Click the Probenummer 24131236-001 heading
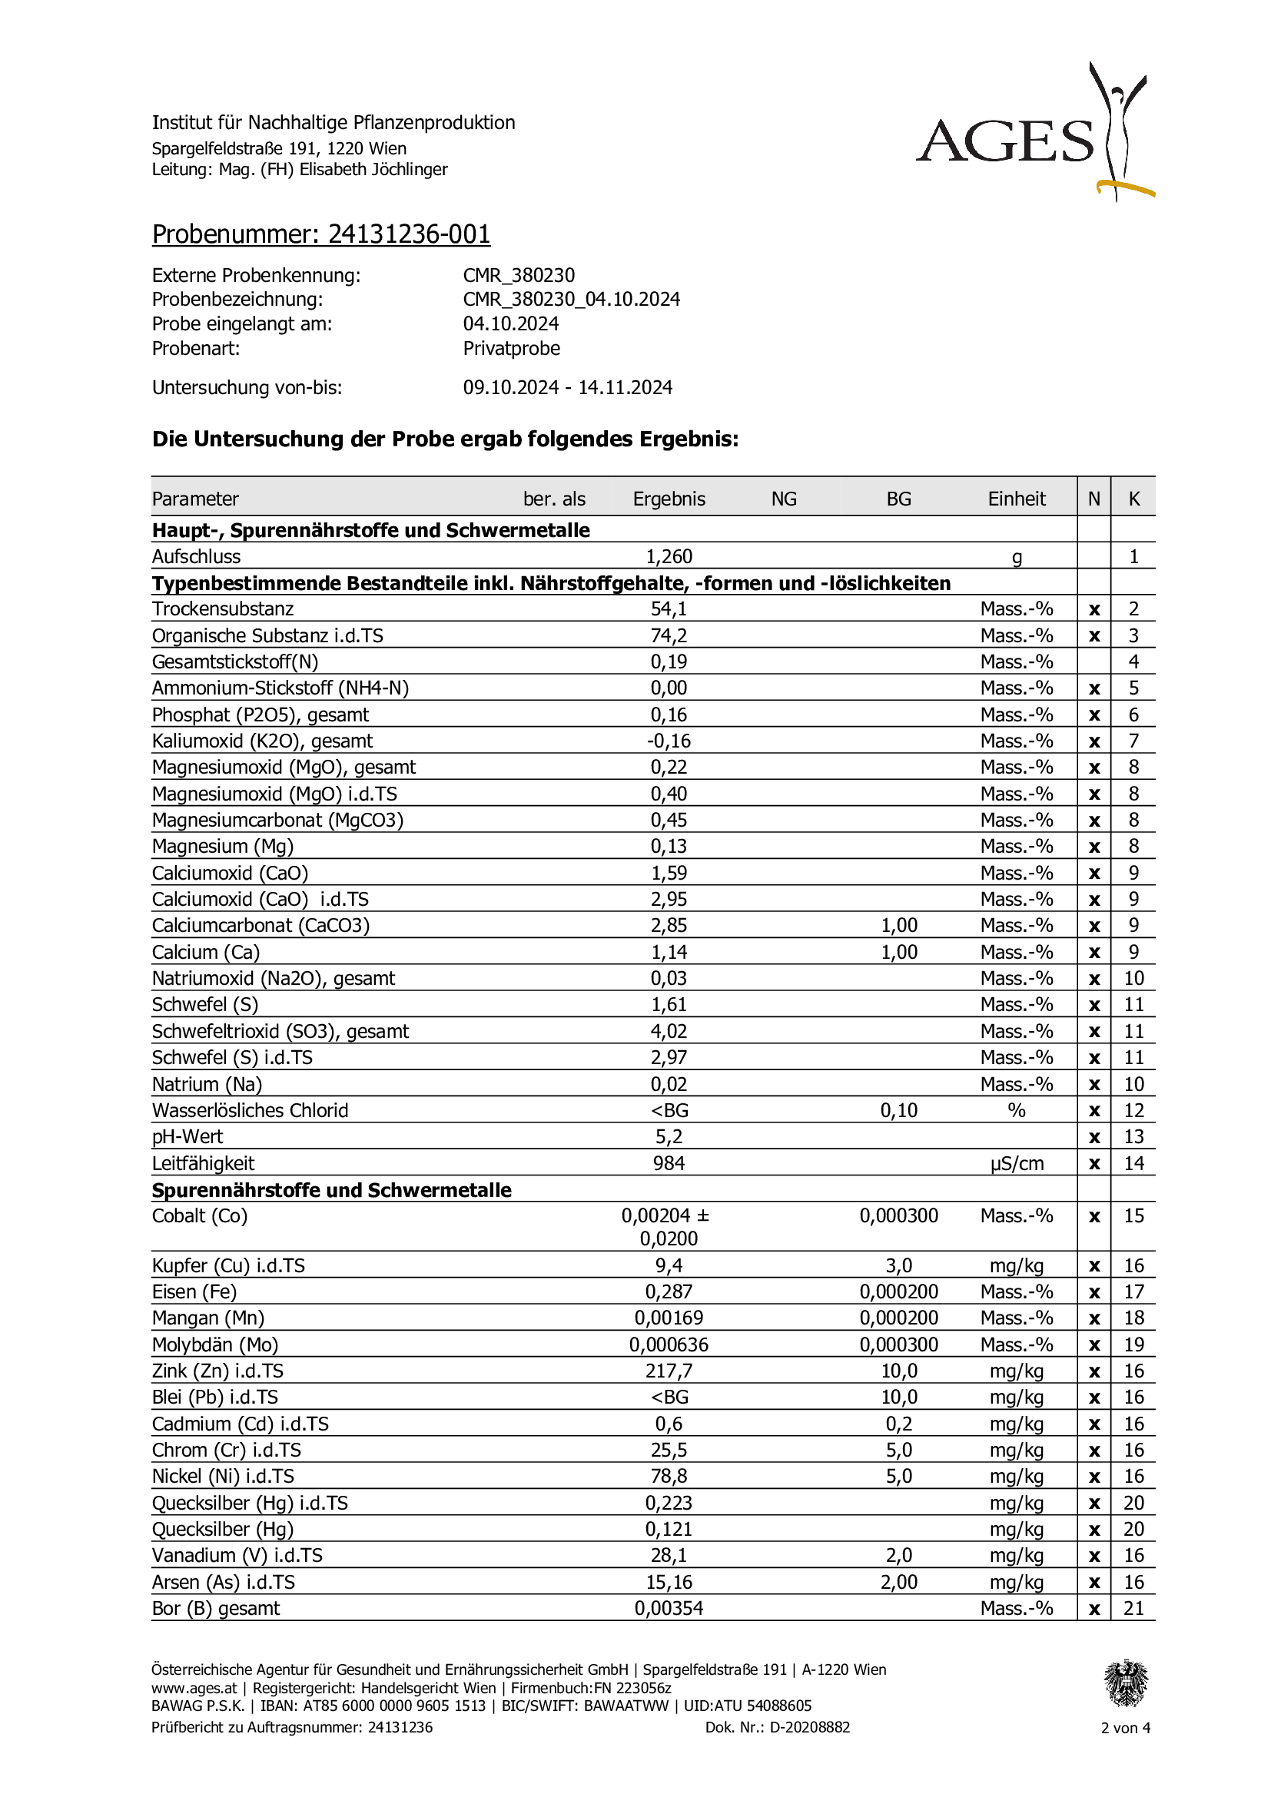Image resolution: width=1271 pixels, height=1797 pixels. [321, 234]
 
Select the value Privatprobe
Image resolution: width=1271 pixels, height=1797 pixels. [511, 348]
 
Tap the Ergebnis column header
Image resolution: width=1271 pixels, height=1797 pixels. [669, 499]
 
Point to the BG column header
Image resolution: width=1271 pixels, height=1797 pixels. [898, 499]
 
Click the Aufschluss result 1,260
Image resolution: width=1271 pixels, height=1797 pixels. [669, 556]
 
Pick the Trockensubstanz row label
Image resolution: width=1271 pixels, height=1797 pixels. [222, 609]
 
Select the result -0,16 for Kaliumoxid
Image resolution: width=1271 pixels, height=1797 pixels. [669, 741]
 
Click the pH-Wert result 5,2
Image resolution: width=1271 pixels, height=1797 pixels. [669, 1136]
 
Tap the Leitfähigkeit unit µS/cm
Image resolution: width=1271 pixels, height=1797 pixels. [1016, 1163]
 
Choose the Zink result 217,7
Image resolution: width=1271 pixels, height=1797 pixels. [669, 1371]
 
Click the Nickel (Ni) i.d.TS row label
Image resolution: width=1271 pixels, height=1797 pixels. [223, 1476]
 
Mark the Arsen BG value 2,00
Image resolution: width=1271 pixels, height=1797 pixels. [898, 1582]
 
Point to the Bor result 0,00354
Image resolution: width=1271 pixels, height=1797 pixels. [669, 1608]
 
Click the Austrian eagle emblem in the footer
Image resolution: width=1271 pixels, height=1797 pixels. [1126, 1683]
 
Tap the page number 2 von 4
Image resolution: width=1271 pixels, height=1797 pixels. [1126, 1727]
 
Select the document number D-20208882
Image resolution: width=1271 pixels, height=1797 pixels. [809, 1727]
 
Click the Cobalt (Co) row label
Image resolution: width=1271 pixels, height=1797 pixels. [200, 1215]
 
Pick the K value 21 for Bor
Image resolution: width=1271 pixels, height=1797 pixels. [1133, 1608]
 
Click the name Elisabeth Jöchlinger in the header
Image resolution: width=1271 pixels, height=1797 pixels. [373, 169]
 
